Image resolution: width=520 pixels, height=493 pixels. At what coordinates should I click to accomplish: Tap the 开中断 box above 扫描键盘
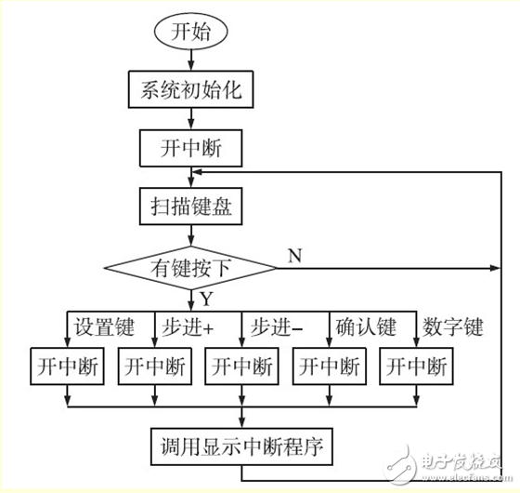click(191, 147)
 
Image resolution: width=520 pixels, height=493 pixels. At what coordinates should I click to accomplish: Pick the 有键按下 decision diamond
click(191, 268)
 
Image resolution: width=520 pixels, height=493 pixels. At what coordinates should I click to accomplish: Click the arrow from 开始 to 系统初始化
click(191, 58)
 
